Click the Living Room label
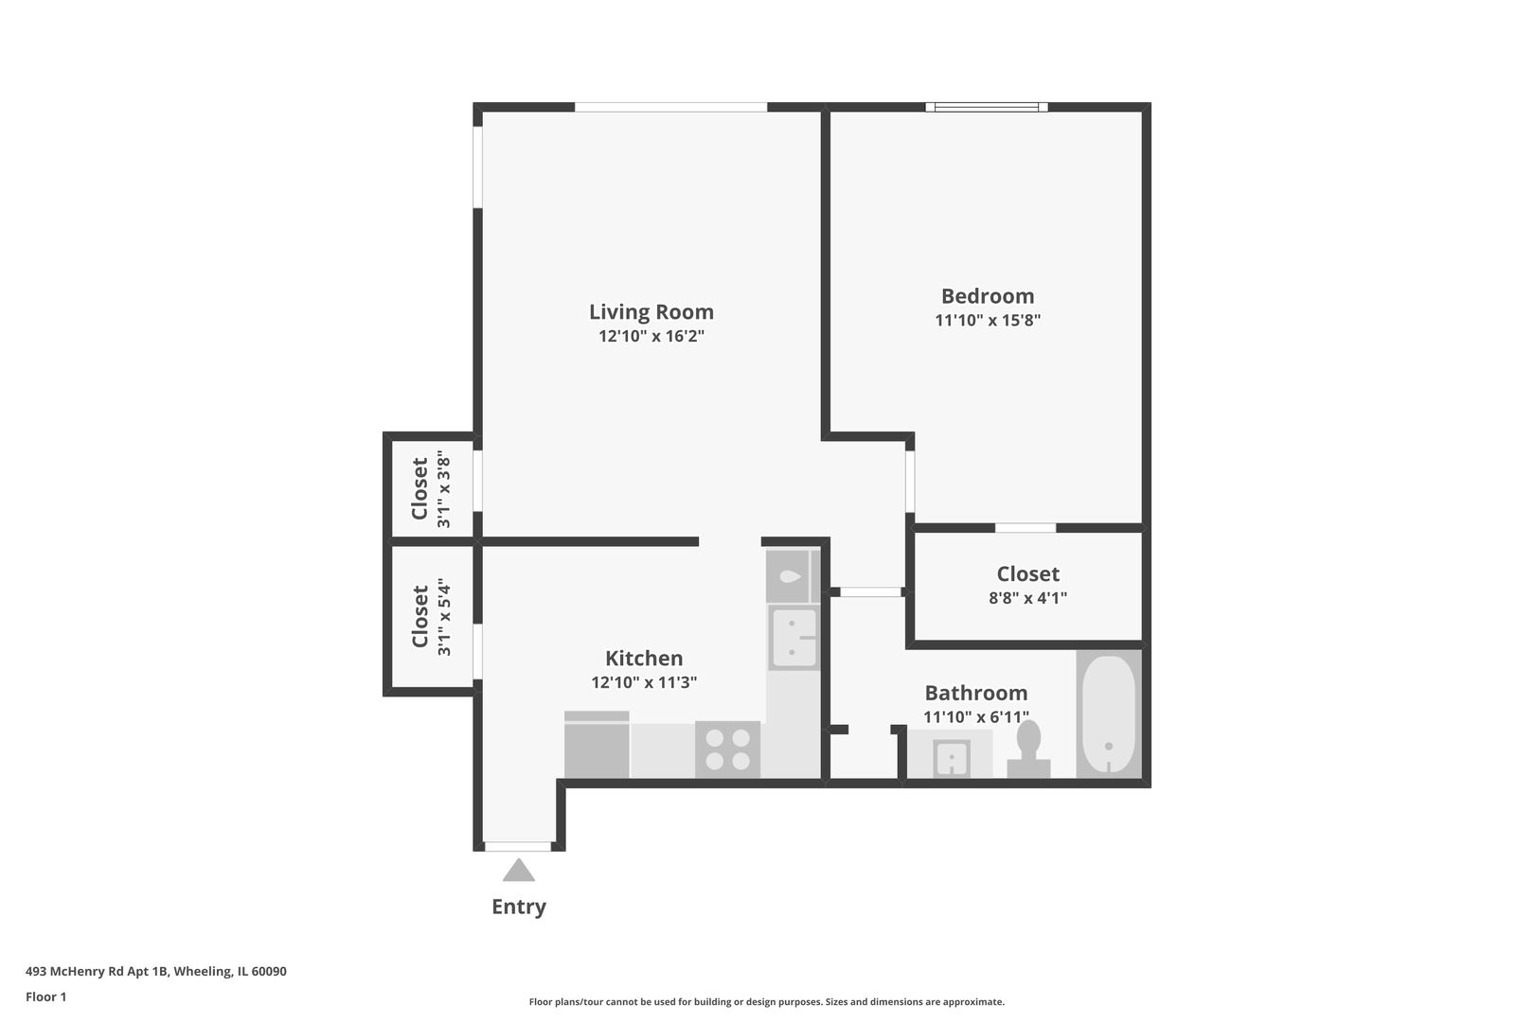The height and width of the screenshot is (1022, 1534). pyautogui.click(x=651, y=311)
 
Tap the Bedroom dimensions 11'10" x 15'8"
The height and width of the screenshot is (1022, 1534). pyautogui.click(x=988, y=320)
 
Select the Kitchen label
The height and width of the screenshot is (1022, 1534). pyautogui.click(x=644, y=658)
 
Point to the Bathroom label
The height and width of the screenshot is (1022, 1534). pyautogui.click(x=975, y=693)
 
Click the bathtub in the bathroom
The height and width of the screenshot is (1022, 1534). pyautogui.click(x=1108, y=714)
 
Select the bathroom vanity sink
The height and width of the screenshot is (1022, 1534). pyautogui.click(x=952, y=758)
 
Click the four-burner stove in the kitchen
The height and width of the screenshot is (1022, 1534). pyautogui.click(x=727, y=749)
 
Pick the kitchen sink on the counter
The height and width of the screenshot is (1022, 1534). pyautogui.click(x=793, y=638)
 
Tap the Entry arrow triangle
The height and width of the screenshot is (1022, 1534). pyautogui.click(x=518, y=870)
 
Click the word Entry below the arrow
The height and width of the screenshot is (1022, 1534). pyautogui.click(x=518, y=907)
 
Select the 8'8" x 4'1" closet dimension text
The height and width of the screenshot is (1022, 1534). pyautogui.click(x=1027, y=598)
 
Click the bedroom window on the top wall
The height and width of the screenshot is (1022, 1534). pyautogui.click(x=987, y=107)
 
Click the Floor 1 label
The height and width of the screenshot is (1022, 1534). pyautogui.click(x=45, y=996)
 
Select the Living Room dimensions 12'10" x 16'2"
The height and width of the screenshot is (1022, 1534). pyautogui.click(x=651, y=336)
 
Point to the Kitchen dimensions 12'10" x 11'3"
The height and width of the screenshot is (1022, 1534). pyautogui.click(x=644, y=682)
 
